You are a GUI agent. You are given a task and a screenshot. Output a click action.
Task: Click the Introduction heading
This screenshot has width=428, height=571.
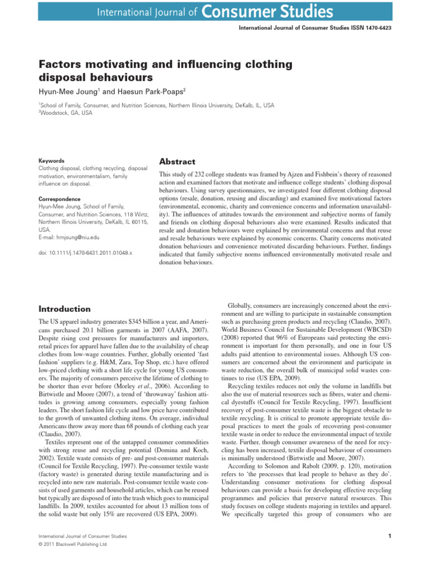(64, 309)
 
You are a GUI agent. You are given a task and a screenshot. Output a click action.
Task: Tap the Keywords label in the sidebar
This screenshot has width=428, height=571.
(51, 160)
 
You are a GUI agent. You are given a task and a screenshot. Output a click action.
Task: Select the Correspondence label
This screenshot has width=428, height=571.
(60, 198)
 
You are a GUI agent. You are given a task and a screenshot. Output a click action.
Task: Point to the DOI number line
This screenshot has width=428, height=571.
(85, 253)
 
